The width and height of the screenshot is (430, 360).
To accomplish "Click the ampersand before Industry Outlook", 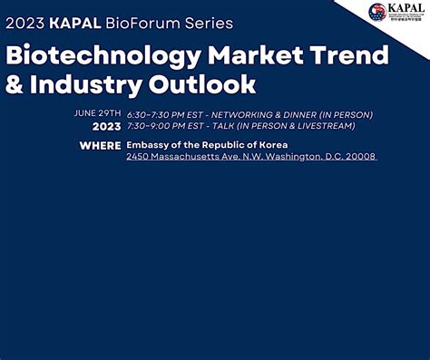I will click(16, 86).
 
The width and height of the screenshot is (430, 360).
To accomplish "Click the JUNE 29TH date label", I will click(97, 114).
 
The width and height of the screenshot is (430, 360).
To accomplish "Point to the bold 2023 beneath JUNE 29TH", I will click(106, 127).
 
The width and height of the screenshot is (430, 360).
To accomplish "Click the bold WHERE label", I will click(100, 145).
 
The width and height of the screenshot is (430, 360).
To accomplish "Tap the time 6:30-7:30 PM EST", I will click(163, 114).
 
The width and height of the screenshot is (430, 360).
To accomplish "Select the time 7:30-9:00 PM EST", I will click(163, 127).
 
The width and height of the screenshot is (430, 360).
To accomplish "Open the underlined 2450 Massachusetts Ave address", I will click(250, 157).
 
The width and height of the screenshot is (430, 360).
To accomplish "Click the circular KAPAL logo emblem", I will click(377, 13).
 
